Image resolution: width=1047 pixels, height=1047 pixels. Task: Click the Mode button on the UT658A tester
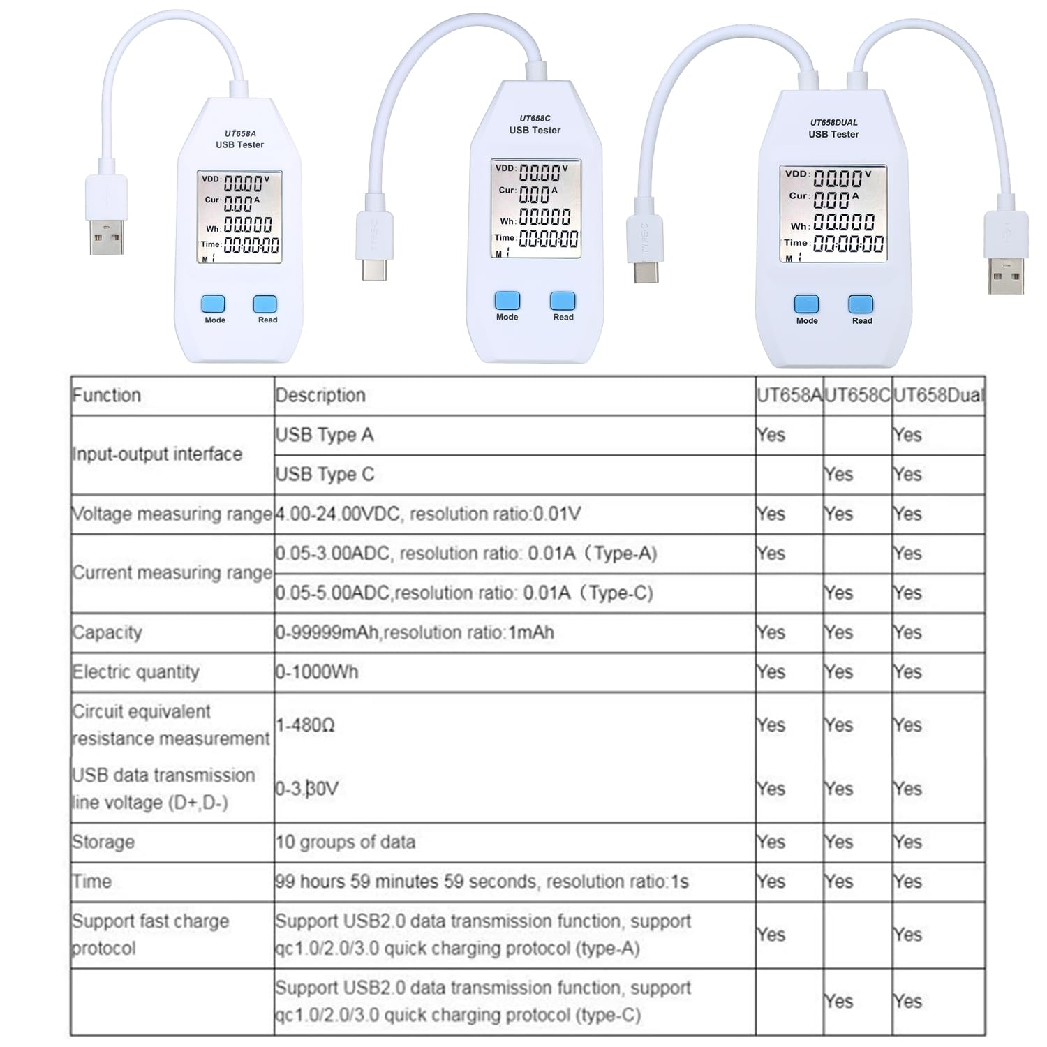[214, 304]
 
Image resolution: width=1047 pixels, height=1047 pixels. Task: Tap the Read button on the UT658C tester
[562, 301]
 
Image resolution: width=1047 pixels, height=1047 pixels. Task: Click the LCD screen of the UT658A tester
[239, 217]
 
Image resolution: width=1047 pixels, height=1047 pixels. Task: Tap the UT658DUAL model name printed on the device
[833, 122]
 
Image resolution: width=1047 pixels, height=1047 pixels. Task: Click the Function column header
[107, 395]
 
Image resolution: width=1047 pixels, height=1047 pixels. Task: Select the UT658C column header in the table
[857, 395]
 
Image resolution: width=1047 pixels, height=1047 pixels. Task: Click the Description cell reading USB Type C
[325, 475]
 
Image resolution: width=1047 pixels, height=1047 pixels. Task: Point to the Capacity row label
[107, 632]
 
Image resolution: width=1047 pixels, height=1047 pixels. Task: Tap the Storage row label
[103, 842]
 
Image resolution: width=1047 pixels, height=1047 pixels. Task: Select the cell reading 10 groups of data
[346, 842]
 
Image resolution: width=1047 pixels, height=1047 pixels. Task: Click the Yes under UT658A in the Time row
[771, 882]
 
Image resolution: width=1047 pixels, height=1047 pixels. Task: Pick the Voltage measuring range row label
[172, 514]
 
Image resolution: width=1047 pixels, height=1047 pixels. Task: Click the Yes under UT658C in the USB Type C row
[838, 475]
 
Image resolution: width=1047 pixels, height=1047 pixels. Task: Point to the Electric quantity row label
[136, 672]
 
